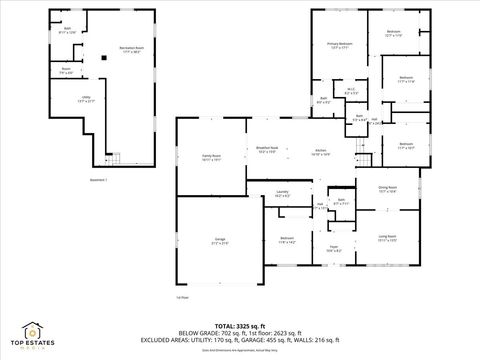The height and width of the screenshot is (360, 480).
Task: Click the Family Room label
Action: click(x=210, y=157)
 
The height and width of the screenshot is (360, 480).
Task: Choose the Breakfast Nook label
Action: click(x=261, y=150)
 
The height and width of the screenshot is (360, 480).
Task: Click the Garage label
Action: click(x=219, y=241)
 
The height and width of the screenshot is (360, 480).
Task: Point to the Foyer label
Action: click(x=333, y=247)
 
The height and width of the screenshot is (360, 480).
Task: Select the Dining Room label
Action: click(x=387, y=189)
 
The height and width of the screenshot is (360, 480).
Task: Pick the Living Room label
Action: click(x=386, y=238)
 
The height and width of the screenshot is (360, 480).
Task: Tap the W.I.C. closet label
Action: click(x=352, y=91)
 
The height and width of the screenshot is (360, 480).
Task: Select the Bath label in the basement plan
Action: click(x=68, y=30)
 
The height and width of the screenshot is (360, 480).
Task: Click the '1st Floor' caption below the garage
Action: click(x=182, y=297)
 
